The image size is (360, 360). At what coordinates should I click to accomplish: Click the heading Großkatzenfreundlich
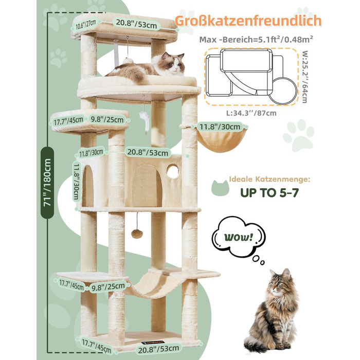(248, 21)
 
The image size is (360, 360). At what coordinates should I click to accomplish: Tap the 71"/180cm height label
(47, 183)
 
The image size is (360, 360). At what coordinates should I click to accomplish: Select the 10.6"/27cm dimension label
(85, 24)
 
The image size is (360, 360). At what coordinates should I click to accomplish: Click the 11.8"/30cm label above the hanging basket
(220, 127)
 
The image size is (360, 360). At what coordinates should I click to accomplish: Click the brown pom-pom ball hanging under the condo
(137, 233)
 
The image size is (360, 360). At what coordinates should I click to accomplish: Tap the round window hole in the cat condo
(173, 171)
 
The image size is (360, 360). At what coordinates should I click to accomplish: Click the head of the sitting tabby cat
(280, 281)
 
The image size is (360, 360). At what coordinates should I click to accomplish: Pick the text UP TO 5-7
(269, 193)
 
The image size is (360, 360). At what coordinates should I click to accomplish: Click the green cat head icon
(220, 188)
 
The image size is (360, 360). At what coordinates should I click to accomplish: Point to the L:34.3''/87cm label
(251, 113)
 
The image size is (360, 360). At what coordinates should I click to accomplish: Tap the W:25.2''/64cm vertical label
(305, 77)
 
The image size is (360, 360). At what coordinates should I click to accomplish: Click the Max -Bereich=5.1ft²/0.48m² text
(256, 40)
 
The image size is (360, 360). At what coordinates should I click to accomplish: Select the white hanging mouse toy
(145, 122)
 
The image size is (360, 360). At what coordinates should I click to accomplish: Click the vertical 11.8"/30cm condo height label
(77, 182)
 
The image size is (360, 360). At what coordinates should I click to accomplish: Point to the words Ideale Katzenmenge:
(269, 179)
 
